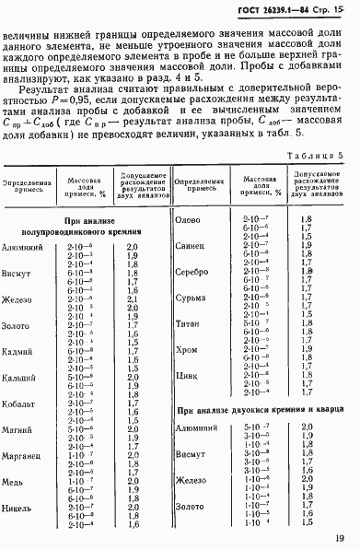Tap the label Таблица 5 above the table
tap(314, 157)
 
